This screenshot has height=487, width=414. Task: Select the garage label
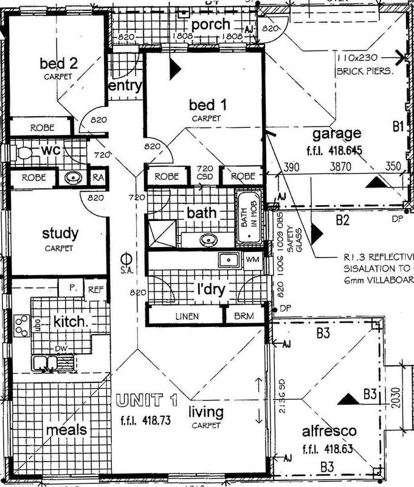(336, 134)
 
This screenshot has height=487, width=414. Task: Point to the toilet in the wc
(23, 152)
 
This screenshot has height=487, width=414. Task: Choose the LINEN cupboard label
(184, 316)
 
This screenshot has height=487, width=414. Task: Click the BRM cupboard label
(243, 316)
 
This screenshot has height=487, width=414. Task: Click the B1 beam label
(398, 127)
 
